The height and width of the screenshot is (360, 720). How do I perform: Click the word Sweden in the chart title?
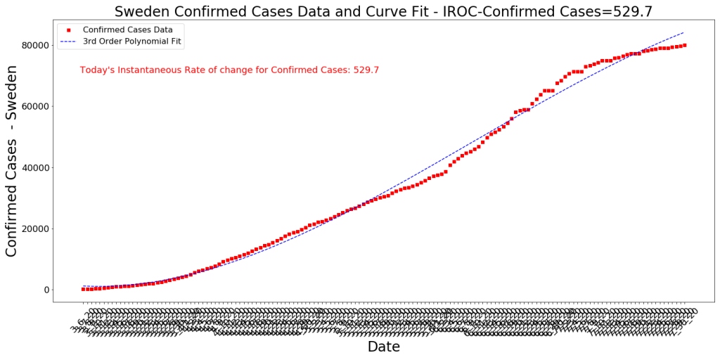pos(140,11)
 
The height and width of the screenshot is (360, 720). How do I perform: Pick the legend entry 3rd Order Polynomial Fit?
pos(132,41)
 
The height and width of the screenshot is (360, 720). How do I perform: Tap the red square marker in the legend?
pos(69,30)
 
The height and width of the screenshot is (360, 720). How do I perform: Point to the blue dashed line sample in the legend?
pos(69,41)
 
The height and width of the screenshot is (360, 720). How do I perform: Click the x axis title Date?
pos(383,347)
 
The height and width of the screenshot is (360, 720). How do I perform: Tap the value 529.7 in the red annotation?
pos(366,70)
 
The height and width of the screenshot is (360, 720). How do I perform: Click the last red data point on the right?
pos(684,46)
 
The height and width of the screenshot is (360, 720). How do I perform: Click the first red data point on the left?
pos(83,289)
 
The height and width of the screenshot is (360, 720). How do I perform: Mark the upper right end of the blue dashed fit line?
pos(683,32)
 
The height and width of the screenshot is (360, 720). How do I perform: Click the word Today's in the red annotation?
pos(98,70)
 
